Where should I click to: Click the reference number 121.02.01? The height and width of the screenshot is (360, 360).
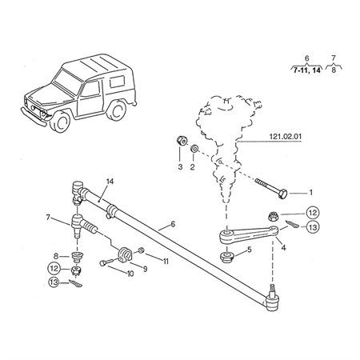[286, 137]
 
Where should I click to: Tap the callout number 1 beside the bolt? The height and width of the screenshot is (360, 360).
[310, 192]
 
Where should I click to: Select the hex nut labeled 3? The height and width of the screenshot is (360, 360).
[182, 141]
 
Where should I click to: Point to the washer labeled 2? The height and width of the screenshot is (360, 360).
[194, 149]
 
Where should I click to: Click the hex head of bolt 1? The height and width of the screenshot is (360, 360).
[283, 194]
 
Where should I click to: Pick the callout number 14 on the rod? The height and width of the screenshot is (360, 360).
[110, 182]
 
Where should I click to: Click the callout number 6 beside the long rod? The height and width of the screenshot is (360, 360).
[173, 224]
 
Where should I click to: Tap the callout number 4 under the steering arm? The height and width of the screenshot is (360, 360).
[283, 248]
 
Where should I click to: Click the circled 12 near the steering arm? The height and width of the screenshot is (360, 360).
[313, 213]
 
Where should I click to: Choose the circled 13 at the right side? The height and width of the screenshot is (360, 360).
[313, 227]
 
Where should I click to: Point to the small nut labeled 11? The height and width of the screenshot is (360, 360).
[142, 250]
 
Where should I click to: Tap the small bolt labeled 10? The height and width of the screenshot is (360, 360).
[109, 262]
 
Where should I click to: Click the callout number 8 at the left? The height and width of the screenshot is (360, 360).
[56, 256]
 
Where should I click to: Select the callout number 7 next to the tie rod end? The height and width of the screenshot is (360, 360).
[48, 218]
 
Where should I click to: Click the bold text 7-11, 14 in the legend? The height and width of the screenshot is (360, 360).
[306, 70]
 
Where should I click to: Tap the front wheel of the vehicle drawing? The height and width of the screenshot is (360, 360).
[60, 122]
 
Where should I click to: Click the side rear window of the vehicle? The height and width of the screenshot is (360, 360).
[117, 82]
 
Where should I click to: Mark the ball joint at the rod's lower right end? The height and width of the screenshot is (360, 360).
[272, 299]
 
